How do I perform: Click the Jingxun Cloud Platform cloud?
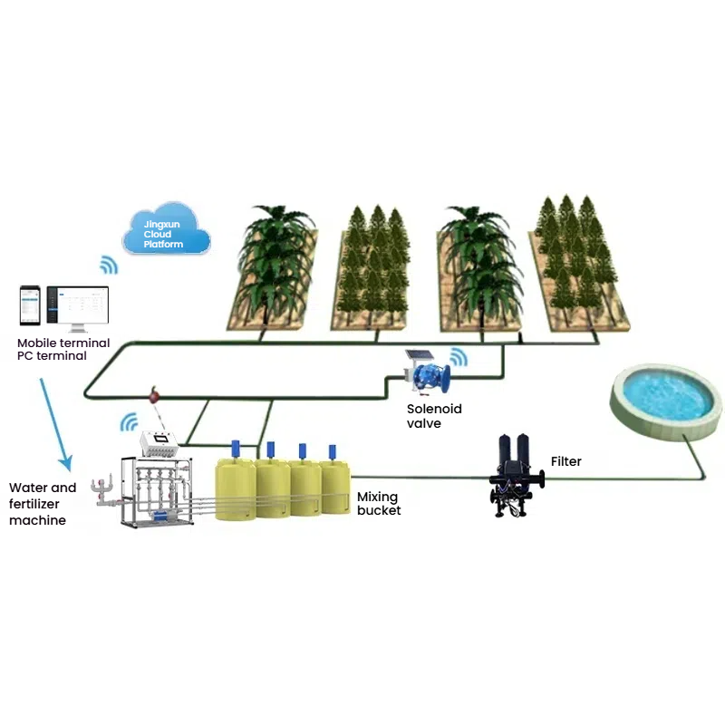[166, 232]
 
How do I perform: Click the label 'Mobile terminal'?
[63, 343]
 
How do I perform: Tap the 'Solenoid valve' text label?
[434, 416]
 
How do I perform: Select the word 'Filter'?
[565, 461]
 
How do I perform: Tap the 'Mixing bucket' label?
[379, 503]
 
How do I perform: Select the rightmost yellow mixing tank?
[333, 489]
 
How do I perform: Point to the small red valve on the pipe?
[155, 396]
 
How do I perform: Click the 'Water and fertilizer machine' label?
[43, 504]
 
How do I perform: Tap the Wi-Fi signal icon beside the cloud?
[109, 265]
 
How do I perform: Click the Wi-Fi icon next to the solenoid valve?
[459, 355]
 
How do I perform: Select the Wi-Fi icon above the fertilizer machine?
[130, 421]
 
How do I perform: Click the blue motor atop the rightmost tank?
[333, 451]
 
